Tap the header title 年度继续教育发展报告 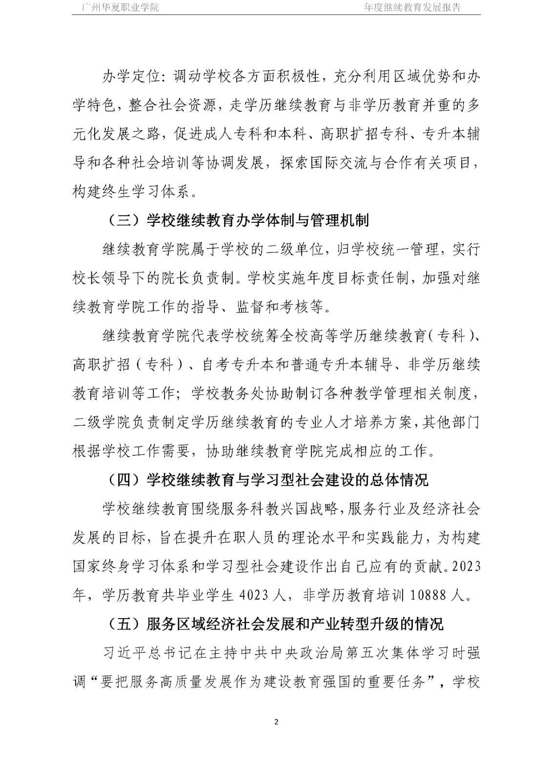point(412,7)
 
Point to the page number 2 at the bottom point(276,722)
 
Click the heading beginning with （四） point(266,480)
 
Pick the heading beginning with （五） point(273,624)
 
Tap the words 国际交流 point(337,163)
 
